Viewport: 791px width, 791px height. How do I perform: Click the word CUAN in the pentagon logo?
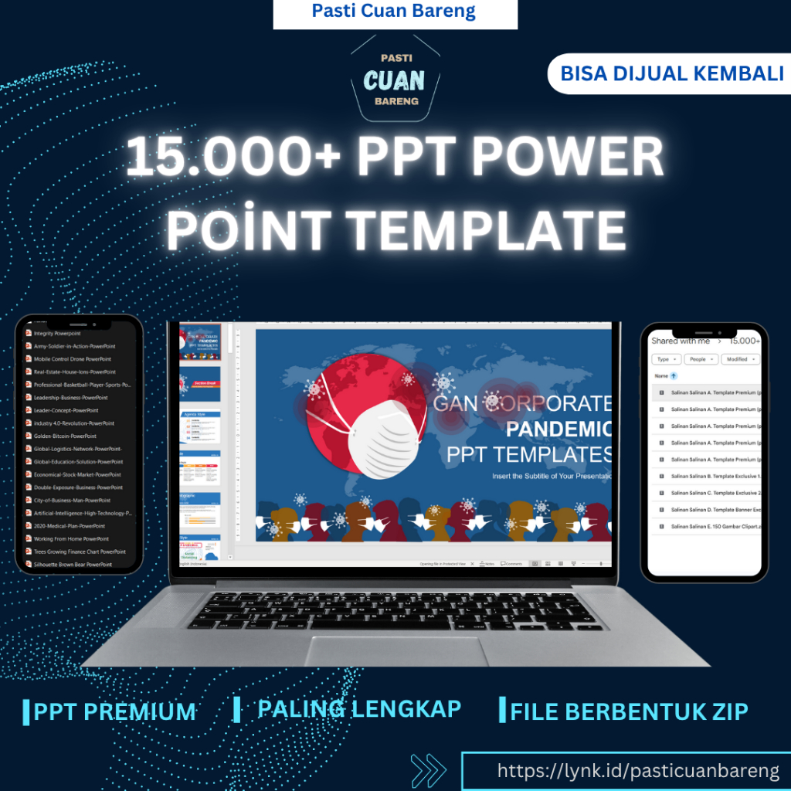click(394, 80)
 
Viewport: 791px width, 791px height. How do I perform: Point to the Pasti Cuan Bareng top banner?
click(394, 12)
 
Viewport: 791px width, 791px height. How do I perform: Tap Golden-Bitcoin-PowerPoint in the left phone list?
click(66, 436)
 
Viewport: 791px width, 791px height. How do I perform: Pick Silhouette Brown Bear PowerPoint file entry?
click(73, 565)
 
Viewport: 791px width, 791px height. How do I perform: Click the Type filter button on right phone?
click(666, 359)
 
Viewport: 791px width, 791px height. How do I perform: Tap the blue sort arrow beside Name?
click(674, 376)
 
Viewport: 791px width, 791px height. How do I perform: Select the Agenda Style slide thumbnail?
click(200, 426)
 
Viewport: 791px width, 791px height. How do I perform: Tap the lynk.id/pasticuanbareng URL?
click(638, 771)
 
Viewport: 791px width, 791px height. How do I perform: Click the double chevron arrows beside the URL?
click(429, 771)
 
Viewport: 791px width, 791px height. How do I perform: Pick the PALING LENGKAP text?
click(359, 708)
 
